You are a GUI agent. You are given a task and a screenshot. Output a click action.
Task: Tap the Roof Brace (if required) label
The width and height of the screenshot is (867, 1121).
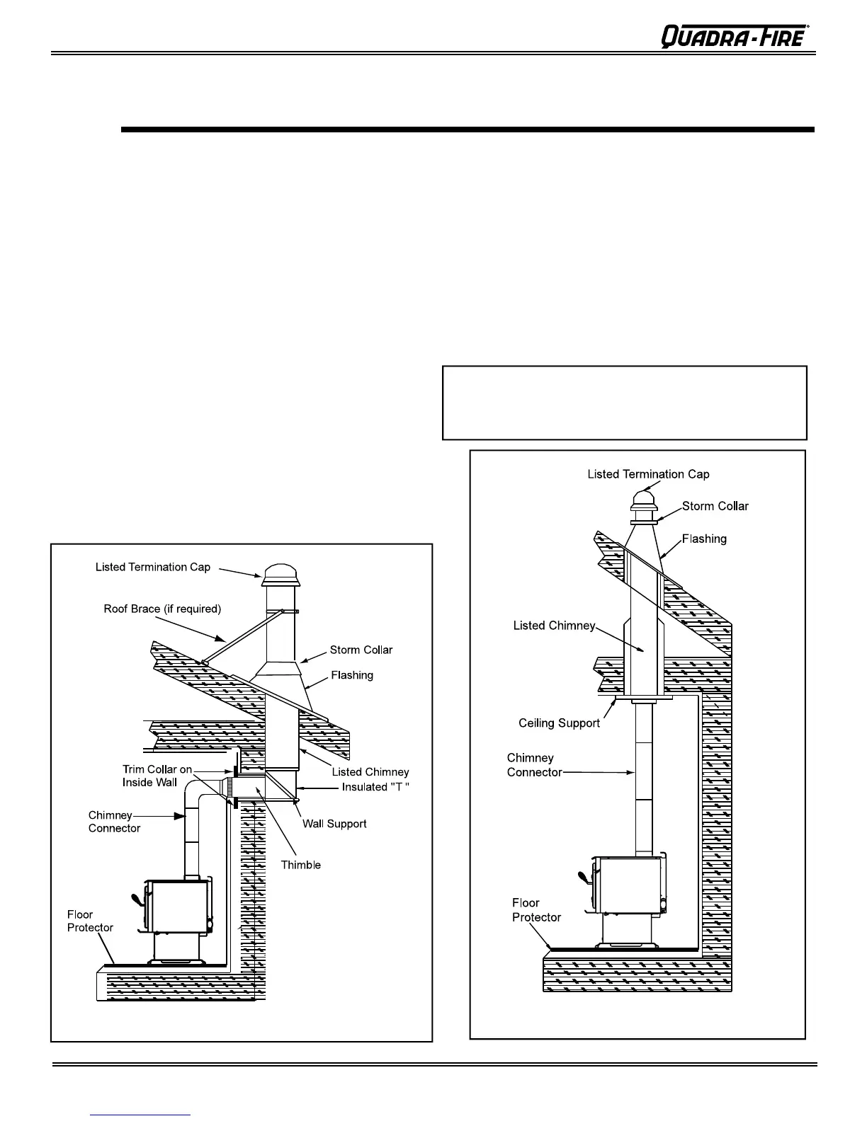(x=162, y=609)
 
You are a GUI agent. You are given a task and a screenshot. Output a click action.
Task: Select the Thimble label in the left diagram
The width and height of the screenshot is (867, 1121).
(x=300, y=865)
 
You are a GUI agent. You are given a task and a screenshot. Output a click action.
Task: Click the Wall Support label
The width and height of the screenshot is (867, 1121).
(x=334, y=824)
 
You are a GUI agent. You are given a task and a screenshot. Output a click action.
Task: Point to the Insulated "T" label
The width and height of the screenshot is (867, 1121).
(x=376, y=787)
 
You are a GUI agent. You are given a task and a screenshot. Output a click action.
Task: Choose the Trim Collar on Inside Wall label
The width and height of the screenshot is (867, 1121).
(x=157, y=776)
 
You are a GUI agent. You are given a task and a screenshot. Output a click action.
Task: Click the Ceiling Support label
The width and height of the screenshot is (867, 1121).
(x=559, y=723)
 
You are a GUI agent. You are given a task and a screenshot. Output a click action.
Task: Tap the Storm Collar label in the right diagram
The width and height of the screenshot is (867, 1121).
(x=715, y=506)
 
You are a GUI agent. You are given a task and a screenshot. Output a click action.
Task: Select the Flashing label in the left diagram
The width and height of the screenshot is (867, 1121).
(x=352, y=675)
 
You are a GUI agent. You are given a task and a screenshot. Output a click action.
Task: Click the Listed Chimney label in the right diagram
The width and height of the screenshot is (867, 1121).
(x=554, y=626)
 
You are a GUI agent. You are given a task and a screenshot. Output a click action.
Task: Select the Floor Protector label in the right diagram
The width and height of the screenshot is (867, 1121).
(x=536, y=910)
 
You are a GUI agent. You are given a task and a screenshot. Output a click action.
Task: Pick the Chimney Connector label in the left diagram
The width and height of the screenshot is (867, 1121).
(x=114, y=822)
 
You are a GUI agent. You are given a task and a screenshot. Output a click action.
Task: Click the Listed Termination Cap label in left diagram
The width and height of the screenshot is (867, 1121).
(x=153, y=567)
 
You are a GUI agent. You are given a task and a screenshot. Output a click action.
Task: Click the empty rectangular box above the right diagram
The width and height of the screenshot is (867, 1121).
(x=624, y=403)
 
